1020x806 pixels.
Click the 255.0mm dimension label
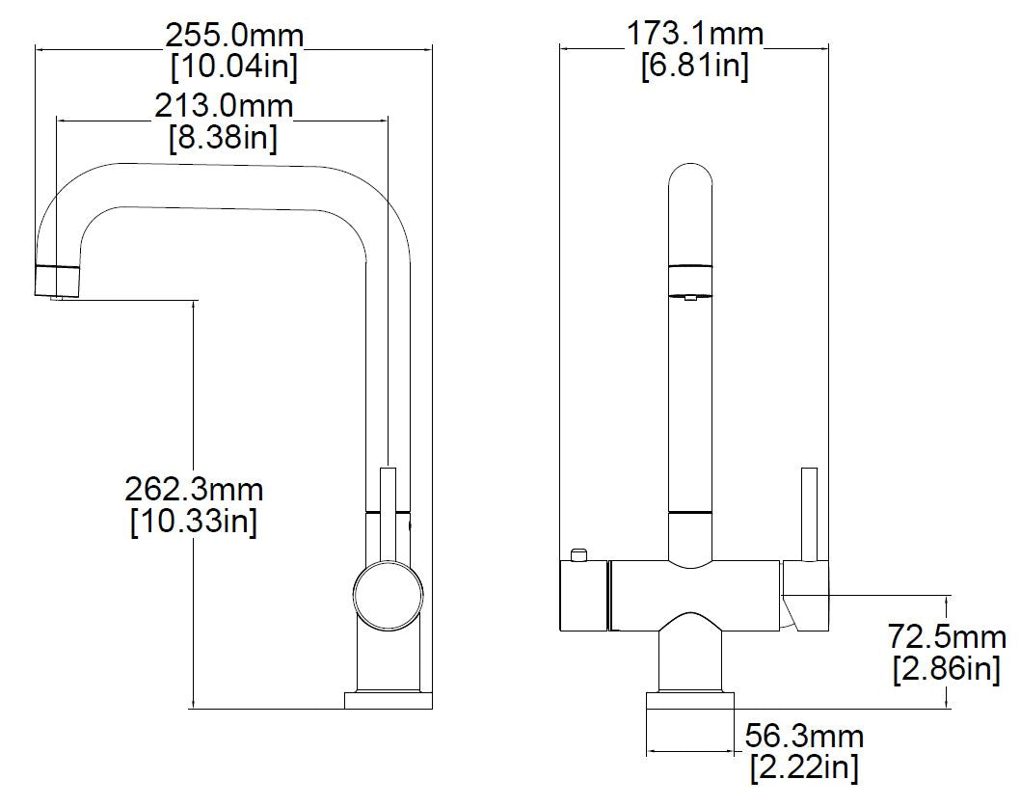coord(234,37)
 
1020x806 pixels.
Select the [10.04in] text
coord(234,67)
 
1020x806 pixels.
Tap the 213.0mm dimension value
coord(224,105)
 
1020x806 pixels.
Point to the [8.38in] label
coord(224,137)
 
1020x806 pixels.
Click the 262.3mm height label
coord(194,490)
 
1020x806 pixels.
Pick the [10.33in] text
coord(194,522)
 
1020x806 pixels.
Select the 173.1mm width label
coord(695,35)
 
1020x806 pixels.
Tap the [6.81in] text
coord(695,67)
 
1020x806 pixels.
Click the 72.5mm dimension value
coord(948,636)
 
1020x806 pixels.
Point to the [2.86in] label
coord(948,668)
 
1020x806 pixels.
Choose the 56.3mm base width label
coord(805,738)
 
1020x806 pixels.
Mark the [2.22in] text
coord(805,768)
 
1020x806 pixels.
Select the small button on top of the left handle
coord(578,554)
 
